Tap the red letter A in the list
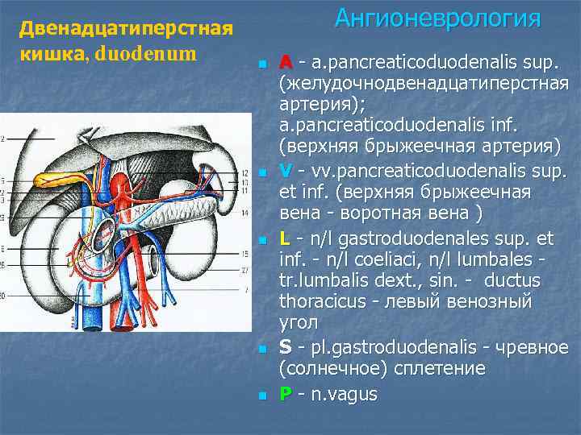286,62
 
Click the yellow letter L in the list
285,238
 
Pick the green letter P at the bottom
285,395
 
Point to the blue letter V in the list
286,172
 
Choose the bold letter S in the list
286,347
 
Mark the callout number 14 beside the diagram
245,213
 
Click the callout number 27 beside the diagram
245,271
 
